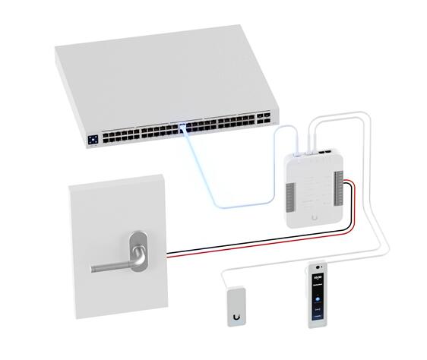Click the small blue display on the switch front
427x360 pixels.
click(x=93, y=140)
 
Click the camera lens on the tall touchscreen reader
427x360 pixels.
click(x=316, y=270)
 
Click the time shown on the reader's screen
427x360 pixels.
click(x=316, y=282)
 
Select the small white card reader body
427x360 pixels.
click(x=237, y=304)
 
